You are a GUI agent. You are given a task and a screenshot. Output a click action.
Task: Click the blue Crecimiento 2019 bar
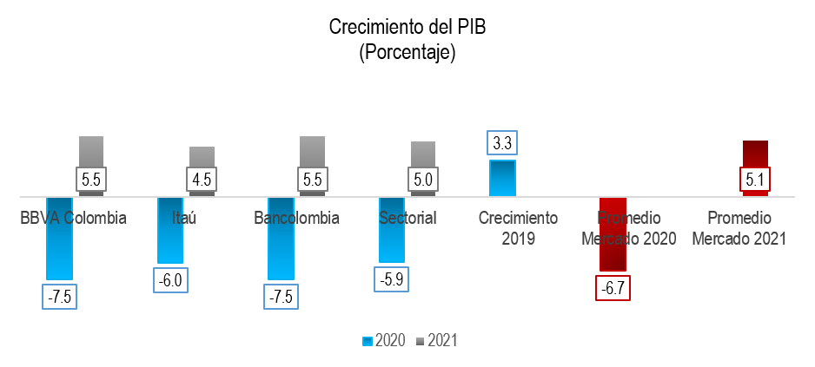(502, 178)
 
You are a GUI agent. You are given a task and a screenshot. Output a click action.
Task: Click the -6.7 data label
(613, 288)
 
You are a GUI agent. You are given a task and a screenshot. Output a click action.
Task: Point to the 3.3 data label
(502, 143)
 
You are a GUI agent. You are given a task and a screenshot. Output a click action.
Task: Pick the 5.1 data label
(755, 181)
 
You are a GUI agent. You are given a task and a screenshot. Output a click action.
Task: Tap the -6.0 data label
(170, 280)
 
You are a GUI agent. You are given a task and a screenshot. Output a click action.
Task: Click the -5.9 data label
(392, 279)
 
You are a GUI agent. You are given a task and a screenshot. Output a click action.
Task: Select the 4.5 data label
(202, 180)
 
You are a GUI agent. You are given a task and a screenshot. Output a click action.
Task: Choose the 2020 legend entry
(384, 341)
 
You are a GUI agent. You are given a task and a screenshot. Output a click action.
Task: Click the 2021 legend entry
(436, 341)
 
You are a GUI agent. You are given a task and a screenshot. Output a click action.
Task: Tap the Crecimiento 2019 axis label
(518, 227)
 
